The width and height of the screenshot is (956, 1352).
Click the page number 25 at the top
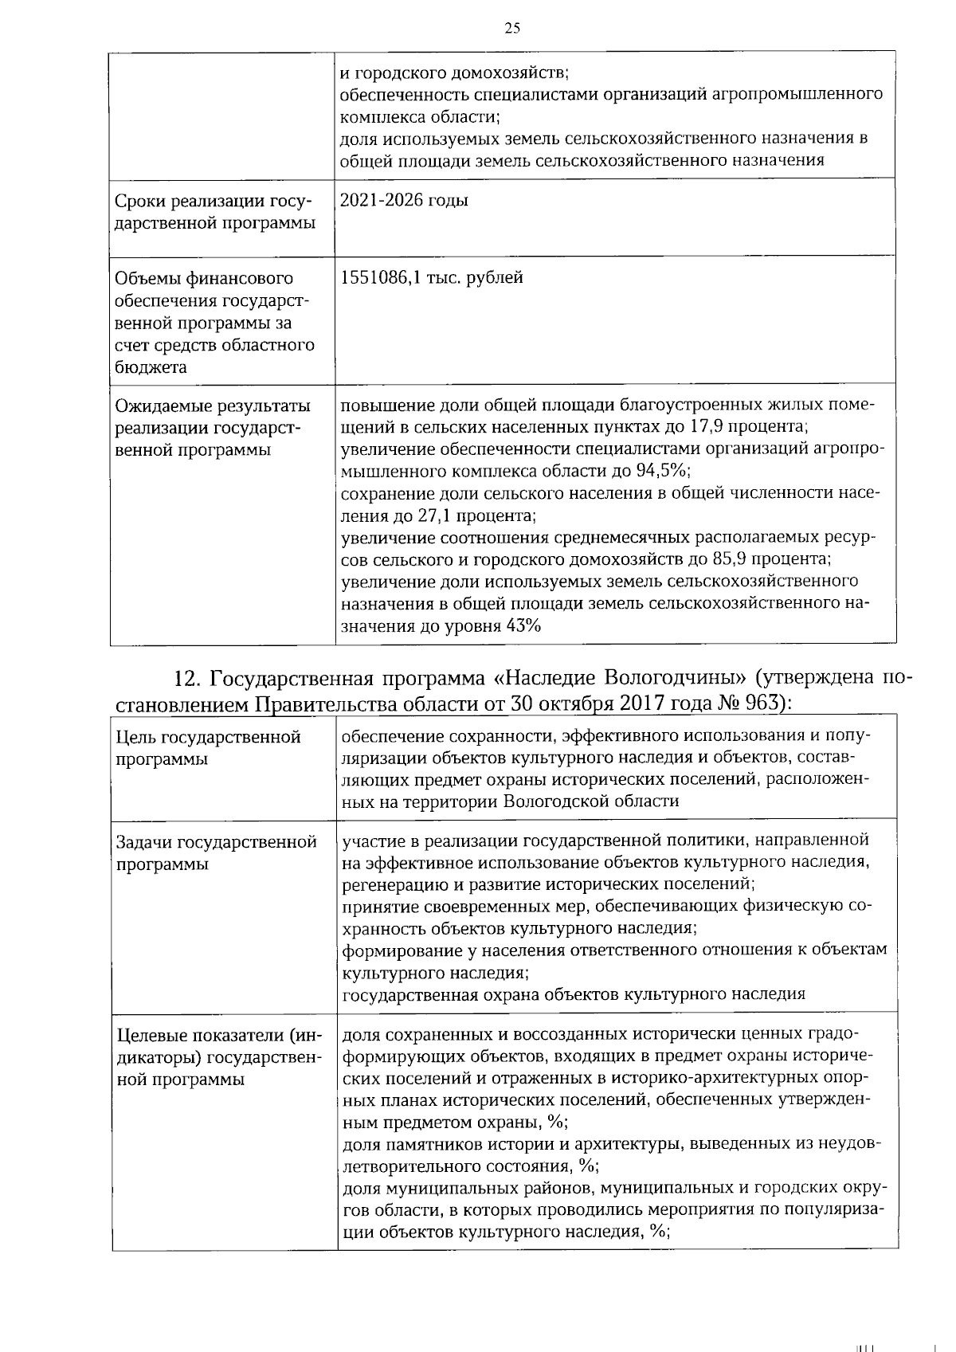click(x=512, y=29)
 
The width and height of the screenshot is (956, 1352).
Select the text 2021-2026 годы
click(x=404, y=201)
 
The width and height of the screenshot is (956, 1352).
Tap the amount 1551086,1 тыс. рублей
click(x=431, y=278)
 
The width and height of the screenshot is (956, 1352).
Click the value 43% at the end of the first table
click(x=523, y=625)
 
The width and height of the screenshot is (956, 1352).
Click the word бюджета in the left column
click(x=140, y=367)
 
